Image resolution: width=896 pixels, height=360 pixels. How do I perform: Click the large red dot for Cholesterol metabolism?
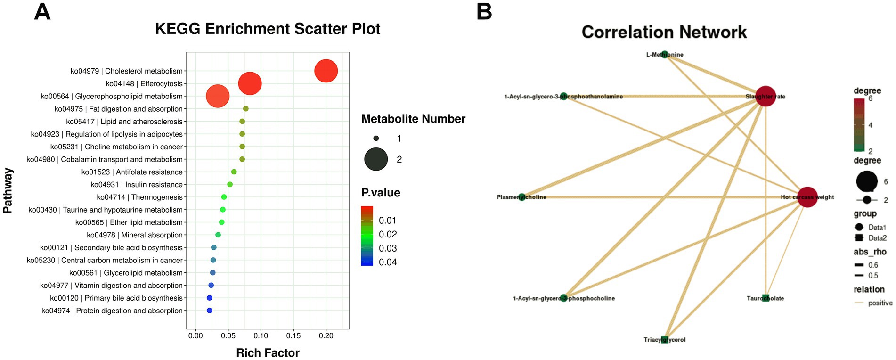pyautogui.click(x=326, y=71)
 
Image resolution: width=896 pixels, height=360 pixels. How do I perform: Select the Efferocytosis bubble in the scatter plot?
pyautogui.click(x=250, y=84)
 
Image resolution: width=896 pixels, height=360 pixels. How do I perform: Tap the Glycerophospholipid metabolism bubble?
pyautogui.click(x=218, y=96)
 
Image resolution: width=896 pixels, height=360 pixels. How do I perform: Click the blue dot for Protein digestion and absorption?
pyautogui.click(x=210, y=311)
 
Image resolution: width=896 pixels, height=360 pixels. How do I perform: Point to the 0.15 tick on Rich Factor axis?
pyautogui.click(x=293, y=336)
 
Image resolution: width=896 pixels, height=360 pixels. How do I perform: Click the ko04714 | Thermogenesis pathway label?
pyautogui.click(x=139, y=197)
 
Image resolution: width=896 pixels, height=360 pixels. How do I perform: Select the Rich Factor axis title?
pyautogui.click(x=268, y=353)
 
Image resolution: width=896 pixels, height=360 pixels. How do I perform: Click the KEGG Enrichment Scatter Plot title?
pyautogui.click(x=268, y=29)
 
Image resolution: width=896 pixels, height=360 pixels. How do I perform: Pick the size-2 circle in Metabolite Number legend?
pyautogui.click(x=376, y=159)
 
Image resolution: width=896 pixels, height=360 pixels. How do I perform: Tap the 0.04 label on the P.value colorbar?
pyautogui.click(x=388, y=262)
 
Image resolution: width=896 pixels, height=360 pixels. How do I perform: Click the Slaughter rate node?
pyautogui.click(x=766, y=96)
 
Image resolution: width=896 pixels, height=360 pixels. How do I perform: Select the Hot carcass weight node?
pyautogui.click(x=807, y=197)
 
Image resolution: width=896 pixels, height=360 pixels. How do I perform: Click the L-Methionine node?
pyautogui.click(x=664, y=55)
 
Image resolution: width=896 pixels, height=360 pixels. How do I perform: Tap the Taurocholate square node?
pyautogui.click(x=766, y=298)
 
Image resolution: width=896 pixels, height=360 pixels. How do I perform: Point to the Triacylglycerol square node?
pyautogui.click(x=665, y=339)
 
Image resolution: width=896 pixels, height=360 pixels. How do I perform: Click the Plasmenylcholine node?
pyautogui.click(x=522, y=197)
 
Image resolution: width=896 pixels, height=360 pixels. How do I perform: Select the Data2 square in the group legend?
pyautogui.click(x=859, y=238)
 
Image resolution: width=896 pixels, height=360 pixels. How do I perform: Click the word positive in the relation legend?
pyautogui.click(x=880, y=303)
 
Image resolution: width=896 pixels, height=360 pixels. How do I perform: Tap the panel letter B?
pyautogui.click(x=484, y=11)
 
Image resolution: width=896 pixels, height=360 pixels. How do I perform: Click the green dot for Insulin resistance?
pyautogui.click(x=230, y=185)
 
